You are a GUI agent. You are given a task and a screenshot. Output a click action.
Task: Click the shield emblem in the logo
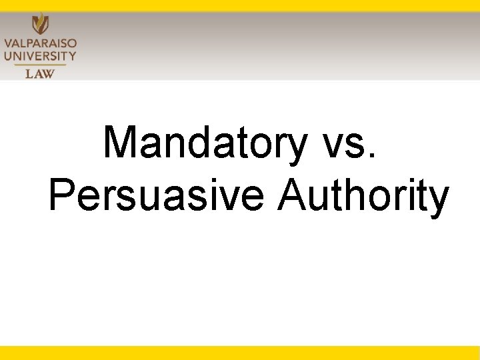point(40,23)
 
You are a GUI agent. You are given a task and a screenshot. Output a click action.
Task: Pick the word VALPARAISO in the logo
point(40,43)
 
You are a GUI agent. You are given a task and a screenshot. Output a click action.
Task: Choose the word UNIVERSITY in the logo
point(40,56)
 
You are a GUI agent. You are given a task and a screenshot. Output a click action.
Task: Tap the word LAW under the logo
point(40,73)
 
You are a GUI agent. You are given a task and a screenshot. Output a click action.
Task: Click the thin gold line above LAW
point(40,65)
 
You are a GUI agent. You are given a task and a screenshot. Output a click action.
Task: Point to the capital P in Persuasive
point(64,195)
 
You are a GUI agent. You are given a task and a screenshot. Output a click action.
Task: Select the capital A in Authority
point(295,195)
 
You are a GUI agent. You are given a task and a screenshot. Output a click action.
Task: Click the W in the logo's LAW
point(49,73)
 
